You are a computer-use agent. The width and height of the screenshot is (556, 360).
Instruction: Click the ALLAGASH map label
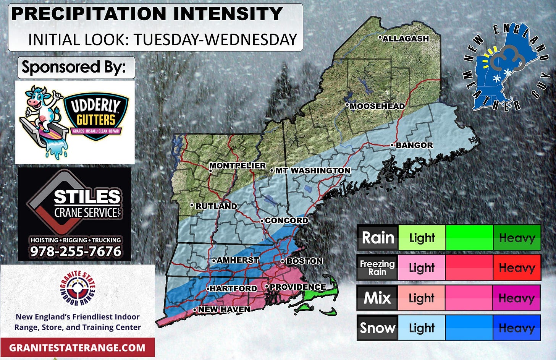point(405,39)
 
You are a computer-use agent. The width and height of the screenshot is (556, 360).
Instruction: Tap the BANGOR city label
point(414,145)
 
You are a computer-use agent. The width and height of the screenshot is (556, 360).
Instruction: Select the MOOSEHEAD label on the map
point(377,106)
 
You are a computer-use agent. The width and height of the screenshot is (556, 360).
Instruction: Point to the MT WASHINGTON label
point(312,170)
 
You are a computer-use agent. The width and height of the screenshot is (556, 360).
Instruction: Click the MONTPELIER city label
point(237,165)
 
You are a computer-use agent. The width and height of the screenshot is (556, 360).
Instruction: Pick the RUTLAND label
point(216,206)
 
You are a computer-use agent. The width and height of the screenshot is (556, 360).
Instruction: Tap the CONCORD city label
point(286,221)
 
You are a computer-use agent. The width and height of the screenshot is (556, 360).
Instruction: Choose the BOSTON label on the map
point(304,261)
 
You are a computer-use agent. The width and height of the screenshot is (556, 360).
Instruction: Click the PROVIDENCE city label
point(297,287)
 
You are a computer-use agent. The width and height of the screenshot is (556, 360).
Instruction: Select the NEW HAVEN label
point(224,309)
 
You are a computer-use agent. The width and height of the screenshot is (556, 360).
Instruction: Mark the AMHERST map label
point(238,260)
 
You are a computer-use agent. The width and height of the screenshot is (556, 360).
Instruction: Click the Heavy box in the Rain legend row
point(517,238)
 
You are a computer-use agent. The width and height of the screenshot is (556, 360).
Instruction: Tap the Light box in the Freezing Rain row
point(422,268)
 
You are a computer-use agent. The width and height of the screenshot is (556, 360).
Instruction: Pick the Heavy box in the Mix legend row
point(517,298)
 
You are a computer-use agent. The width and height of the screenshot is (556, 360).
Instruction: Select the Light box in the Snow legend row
point(422,328)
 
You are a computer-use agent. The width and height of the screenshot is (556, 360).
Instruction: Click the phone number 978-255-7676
point(76,251)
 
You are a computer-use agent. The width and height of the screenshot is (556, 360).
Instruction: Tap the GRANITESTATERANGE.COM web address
point(77,348)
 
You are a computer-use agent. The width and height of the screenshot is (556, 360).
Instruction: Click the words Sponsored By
point(74,67)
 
